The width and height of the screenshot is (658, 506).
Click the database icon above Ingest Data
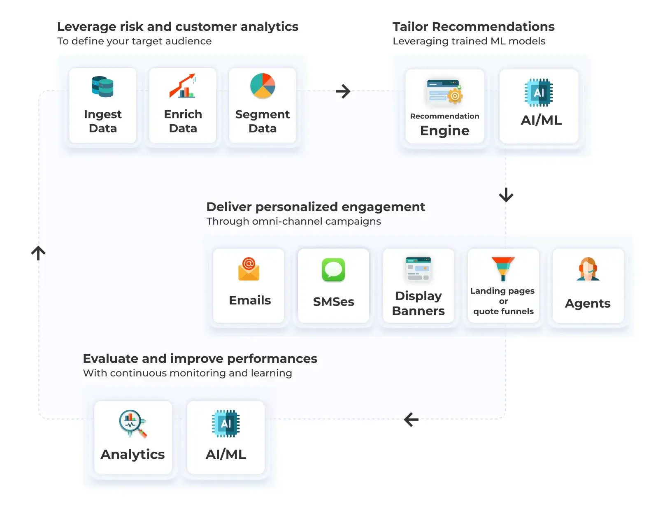click(102, 86)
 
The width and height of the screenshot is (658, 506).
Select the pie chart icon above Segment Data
click(262, 86)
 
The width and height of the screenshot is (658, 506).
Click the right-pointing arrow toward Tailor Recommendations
click(343, 91)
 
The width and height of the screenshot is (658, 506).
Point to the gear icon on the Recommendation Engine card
click(454, 95)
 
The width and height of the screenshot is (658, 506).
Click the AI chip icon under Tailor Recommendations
click(538, 93)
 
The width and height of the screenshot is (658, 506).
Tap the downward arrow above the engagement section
click(506, 195)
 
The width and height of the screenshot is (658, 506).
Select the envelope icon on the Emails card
click(248, 269)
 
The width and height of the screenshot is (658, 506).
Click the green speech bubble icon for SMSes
click(333, 269)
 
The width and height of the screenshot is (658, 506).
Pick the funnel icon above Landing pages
click(503, 269)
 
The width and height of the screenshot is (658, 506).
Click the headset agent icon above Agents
click(588, 269)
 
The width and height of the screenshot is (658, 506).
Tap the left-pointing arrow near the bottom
click(411, 420)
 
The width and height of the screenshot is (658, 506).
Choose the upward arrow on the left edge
click(38, 253)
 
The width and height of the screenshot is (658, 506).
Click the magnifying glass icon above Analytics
click(133, 423)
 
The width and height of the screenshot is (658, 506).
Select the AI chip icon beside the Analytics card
click(226, 423)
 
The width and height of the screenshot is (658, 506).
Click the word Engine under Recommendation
click(444, 131)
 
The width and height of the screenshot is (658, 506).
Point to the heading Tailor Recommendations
click(473, 27)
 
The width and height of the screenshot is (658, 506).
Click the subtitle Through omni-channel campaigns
click(293, 221)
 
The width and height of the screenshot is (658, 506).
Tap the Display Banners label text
click(418, 303)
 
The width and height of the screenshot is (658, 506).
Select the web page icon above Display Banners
click(418, 269)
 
